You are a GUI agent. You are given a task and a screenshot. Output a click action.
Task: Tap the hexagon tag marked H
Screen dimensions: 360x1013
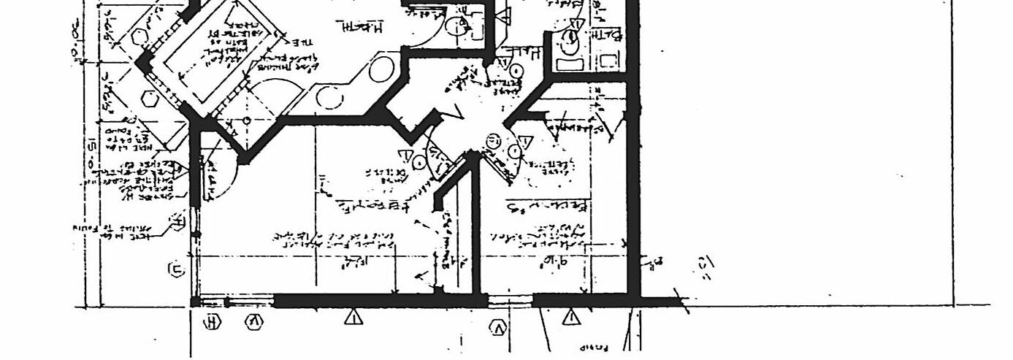pos(213,321)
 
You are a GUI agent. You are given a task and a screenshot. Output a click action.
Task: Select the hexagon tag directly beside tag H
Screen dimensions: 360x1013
pos(255,321)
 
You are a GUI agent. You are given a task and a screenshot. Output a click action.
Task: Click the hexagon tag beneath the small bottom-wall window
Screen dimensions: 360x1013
pos(498,328)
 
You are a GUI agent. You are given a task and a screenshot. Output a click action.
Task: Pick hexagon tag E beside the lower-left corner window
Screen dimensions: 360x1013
pos(177,270)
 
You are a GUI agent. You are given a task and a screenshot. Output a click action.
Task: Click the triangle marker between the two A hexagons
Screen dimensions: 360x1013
pos(353,317)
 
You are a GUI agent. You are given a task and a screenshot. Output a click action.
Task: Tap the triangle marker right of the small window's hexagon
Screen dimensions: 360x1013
pos(571,317)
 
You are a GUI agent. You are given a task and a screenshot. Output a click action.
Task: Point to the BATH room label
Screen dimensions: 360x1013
pos(608,34)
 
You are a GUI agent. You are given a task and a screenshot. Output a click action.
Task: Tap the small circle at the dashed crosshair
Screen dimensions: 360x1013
pos(247,120)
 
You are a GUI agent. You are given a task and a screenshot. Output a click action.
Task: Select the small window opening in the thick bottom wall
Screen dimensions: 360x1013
pos(509,300)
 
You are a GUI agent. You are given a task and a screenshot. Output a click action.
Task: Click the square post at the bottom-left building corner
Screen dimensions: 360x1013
pos(195,302)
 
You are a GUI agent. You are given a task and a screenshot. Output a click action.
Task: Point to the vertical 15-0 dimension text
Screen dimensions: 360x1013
pos(92,150)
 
